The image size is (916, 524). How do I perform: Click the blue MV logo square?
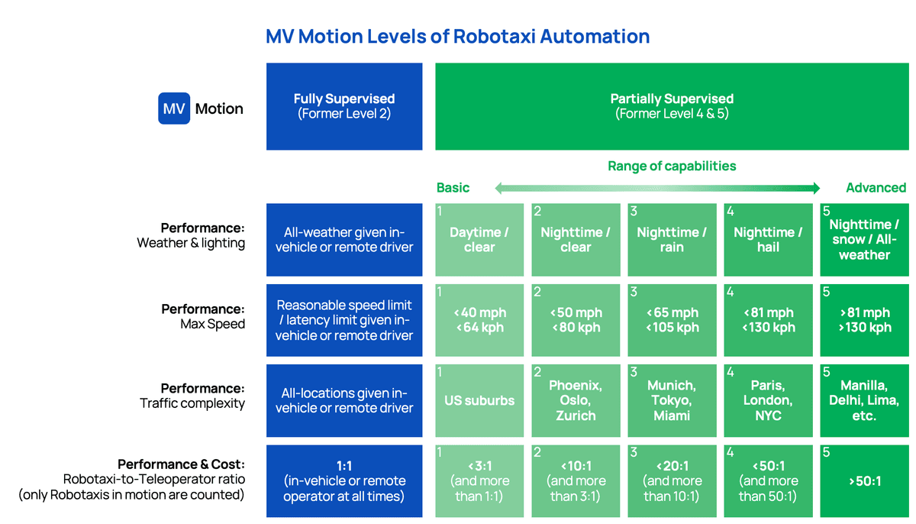point(174,108)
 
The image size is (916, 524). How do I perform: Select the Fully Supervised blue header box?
point(344,106)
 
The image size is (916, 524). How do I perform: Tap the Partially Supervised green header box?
point(672,106)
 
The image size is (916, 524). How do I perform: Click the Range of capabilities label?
point(672,166)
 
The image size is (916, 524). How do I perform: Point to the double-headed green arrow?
point(657,188)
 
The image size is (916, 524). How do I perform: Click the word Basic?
point(453,188)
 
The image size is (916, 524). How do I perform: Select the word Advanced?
point(876,188)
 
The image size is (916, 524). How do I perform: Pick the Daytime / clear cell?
point(479,240)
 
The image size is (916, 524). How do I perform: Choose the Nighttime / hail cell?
point(768,240)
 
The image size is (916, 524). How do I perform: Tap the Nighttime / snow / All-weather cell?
point(864,240)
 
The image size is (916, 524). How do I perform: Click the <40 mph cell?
point(479,320)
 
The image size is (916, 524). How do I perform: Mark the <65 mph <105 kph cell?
point(672,320)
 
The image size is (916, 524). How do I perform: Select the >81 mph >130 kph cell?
point(864,320)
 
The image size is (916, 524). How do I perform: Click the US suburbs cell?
point(479,400)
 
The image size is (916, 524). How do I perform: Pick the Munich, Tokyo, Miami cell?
point(672,400)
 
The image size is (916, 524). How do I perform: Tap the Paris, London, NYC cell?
point(768,400)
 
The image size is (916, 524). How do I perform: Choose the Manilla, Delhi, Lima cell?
point(864,400)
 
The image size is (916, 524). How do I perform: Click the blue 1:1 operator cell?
point(344,481)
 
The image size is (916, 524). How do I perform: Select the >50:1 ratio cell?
point(864,481)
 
